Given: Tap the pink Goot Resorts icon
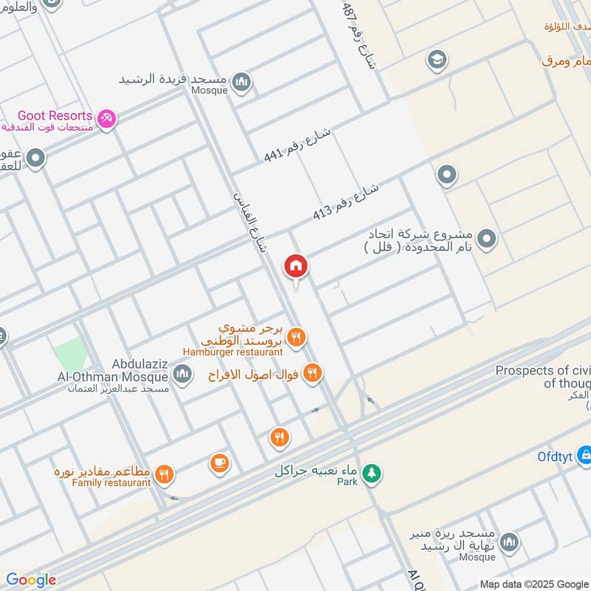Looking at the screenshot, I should [107, 117].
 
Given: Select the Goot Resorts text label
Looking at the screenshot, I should [56, 116].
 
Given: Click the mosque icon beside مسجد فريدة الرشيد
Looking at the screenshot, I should [241, 81].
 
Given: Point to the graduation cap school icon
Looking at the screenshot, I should [438, 58].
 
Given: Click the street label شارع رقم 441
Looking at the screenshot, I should [298, 146].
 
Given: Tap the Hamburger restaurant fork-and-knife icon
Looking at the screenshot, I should [297, 338].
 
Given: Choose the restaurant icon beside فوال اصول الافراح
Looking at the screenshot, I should [312, 374].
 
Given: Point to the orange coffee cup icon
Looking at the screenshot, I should [219, 463].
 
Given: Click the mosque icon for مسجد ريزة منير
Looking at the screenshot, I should [509, 544].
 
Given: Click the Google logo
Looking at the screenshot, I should [31, 580].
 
